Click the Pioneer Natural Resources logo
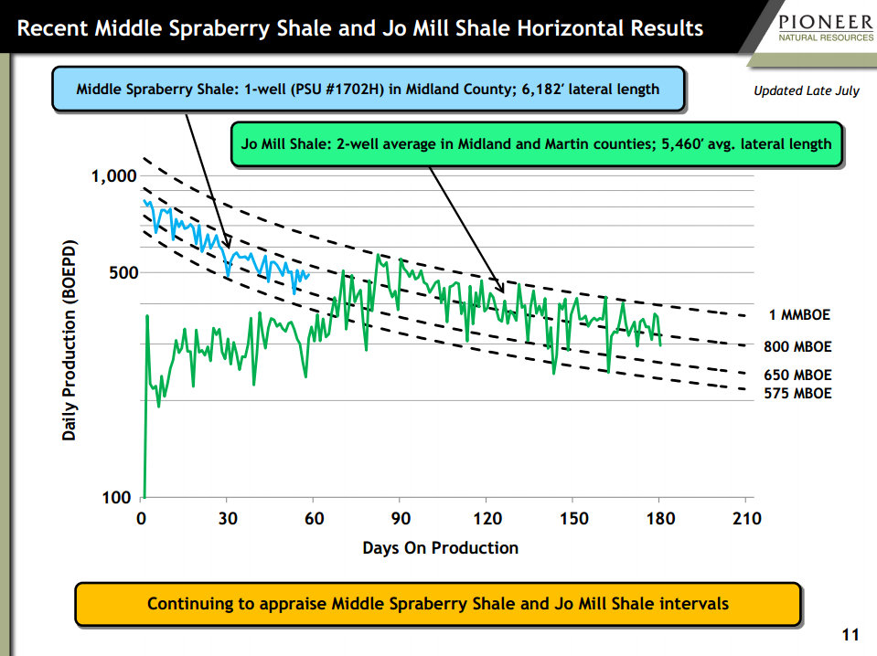[826, 28]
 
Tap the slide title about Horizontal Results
[360, 28]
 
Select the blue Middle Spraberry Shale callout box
[368, 89]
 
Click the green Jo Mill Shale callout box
[537, 144]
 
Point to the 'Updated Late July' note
[806, 90]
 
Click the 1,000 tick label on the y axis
[114, 176]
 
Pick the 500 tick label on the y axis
[123, 272]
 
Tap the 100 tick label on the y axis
[116, 497]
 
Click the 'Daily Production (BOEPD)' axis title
[69, 340]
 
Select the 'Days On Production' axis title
[440, 547]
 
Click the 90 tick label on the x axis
[401, 519]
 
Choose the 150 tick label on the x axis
[574, 519]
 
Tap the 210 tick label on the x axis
[746, 519]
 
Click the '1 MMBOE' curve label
[799, 314]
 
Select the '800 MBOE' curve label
[797, 346]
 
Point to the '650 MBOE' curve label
[797, 375]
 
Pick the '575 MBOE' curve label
[797, 394]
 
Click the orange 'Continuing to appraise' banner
[438, 604]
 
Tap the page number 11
[850, 635]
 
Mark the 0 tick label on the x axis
[142, 519]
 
